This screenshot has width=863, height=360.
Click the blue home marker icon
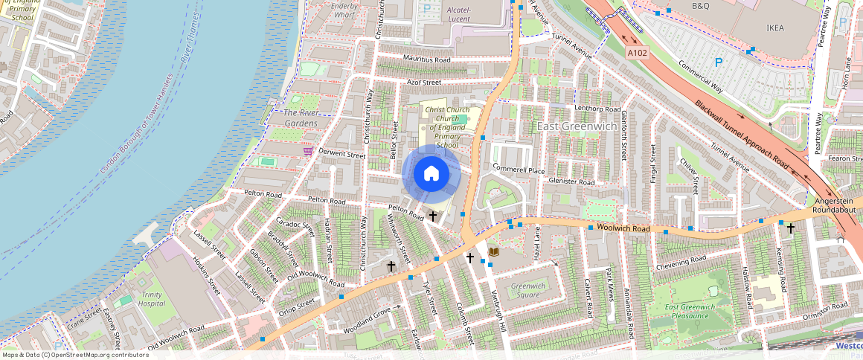click(x=431, y=174)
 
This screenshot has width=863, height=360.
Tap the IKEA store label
click(x=775, y=28)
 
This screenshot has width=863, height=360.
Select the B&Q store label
click(x=701, y=6)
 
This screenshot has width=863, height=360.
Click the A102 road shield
click(x=636, y=54)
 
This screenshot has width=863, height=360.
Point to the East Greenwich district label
click(x=577, y=126)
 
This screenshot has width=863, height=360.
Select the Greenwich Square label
click(x=528, y=290)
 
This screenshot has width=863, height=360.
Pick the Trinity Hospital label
click(x=151, y=299)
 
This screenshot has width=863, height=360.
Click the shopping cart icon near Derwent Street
click(x=307, y=151)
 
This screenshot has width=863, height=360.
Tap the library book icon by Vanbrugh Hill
click(x=493, y=253)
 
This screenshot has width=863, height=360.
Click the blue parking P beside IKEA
click(x=719, y=63)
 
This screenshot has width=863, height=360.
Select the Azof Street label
click(x=424, y=82)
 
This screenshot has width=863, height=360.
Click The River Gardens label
click(x=301, y=118)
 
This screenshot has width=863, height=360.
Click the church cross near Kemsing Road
click(x=790, y=228)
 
